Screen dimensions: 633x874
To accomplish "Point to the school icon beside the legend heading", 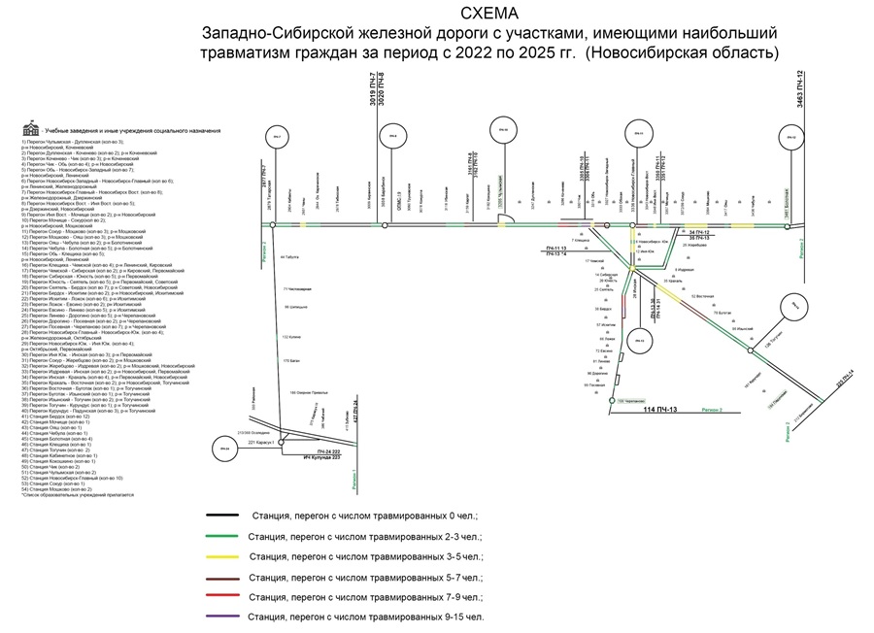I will click(32, 129).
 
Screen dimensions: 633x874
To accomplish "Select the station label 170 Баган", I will click(286, 360).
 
